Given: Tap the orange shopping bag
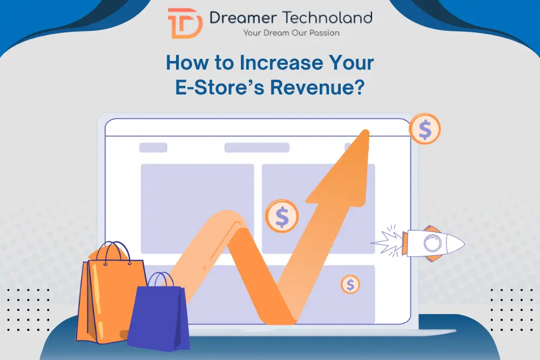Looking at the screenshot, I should (x=108, y=300).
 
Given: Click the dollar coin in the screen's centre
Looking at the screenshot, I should (x=282, y=216).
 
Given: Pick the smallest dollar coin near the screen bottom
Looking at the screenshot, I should (x=350, y=284).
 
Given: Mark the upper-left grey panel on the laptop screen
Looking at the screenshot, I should (x=197, y=208).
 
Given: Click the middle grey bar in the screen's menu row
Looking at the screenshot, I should (x=256, y=147).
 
